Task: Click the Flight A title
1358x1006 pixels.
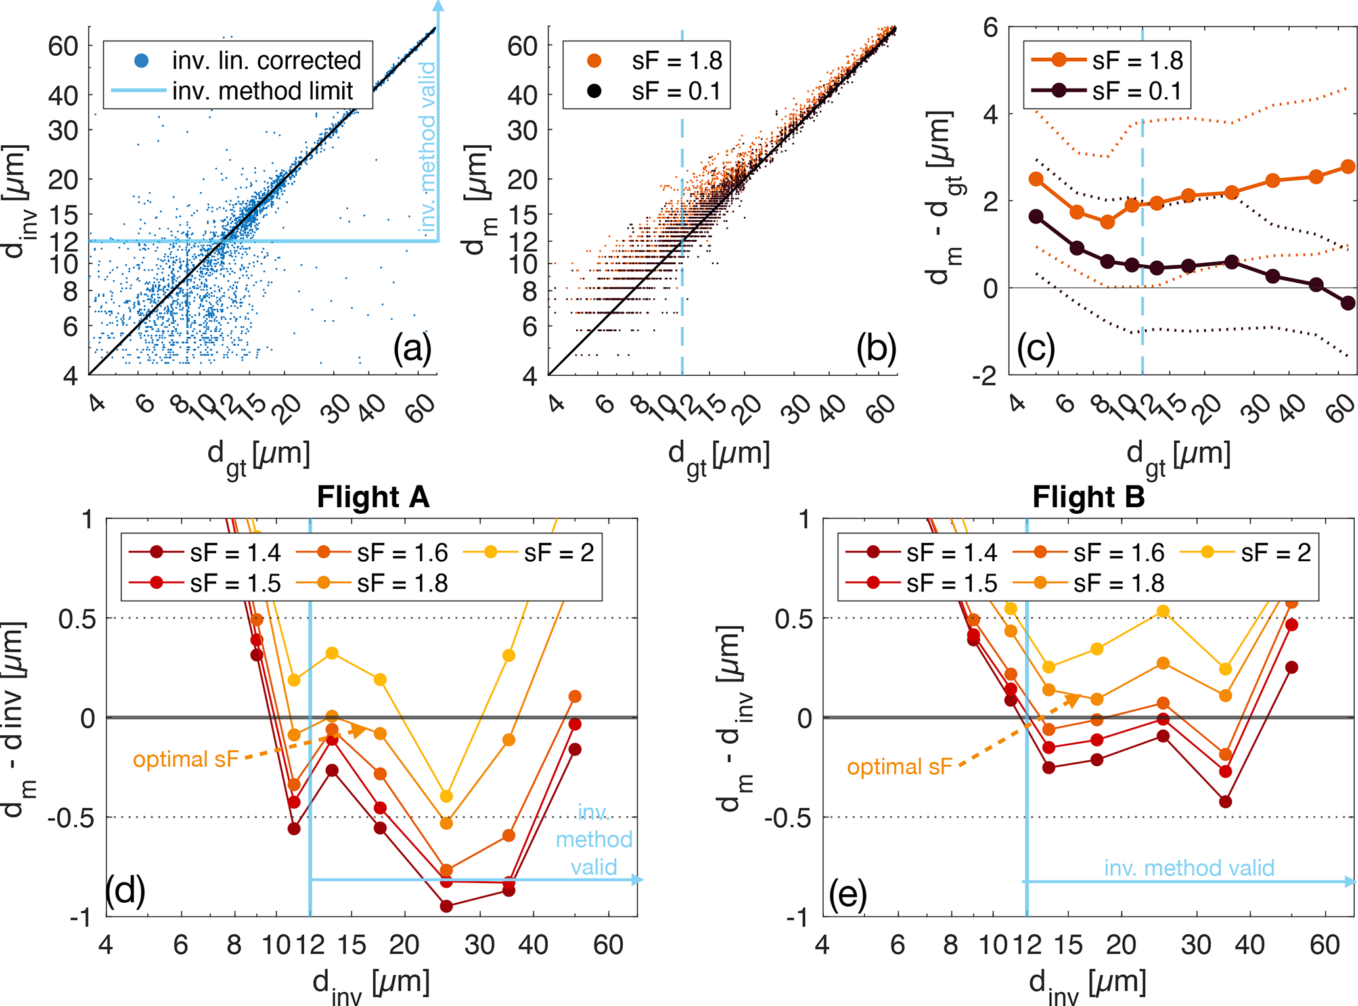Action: coord(373,497)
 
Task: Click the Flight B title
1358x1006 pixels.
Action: coord(1088,497)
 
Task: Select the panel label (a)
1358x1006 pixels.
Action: coord(412,348)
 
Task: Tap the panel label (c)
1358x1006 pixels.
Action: coord(1035,348)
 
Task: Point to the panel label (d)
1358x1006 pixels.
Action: coord(125,892)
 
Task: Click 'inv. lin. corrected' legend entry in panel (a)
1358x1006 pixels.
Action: coord(266,60)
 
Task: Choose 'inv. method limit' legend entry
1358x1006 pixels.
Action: coord(262,91)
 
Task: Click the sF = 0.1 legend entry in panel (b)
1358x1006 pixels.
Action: coord(676,91)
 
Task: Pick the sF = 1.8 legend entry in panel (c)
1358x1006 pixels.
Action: coord(1137,60)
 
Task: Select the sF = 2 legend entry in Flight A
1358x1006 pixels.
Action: coord(558,553)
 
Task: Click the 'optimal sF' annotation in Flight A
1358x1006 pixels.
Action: coord(185,760)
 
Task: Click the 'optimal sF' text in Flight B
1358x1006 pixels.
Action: coord(899,767)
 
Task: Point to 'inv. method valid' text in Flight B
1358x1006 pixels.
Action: coord(1188,868)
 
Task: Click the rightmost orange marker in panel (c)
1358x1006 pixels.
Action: coord(1347,167)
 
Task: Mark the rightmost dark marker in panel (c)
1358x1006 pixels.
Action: coord(1347,303)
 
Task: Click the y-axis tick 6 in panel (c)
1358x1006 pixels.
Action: coord(990,28)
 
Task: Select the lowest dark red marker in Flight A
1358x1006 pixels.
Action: coord(446,906)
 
